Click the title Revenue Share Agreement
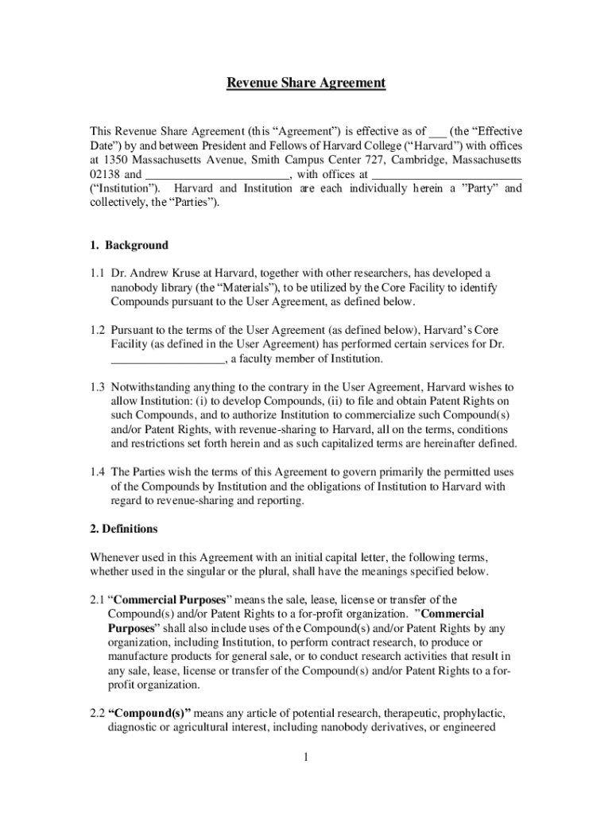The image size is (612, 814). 306,83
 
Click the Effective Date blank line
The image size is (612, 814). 437,130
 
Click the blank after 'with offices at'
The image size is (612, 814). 447,174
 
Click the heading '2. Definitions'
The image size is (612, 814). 123,529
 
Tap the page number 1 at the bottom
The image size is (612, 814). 305,757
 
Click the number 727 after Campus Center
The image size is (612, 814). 374,160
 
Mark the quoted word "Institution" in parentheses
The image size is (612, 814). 125,188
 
